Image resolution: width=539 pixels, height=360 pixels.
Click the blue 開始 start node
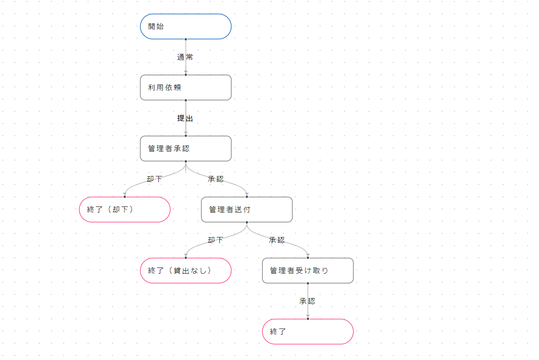186,26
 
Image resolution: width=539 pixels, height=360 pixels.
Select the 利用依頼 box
186,88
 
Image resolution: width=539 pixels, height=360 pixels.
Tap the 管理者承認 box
186,149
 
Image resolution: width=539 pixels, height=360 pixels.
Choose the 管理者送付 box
247,210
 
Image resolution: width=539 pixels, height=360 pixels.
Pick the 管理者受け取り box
308,271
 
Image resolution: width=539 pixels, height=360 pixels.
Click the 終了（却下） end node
124,210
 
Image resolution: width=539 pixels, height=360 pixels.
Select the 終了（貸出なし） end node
186,271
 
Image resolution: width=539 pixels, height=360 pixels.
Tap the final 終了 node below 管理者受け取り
308,332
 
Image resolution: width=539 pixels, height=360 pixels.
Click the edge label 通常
185,57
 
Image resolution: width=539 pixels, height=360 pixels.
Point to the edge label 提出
185,118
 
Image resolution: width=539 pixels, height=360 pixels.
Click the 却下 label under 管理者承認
154,179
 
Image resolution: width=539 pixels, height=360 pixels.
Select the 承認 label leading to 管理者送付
216,179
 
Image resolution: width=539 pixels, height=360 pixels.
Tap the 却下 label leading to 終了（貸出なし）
215,240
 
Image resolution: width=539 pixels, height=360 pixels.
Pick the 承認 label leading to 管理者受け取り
277,240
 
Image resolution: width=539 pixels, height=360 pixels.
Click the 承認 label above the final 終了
307,301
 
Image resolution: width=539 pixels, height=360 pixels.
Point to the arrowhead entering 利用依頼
186,72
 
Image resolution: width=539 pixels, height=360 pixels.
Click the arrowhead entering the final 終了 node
308,316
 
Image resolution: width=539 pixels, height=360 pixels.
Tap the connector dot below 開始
186,39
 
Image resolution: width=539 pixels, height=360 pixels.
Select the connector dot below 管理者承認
186,161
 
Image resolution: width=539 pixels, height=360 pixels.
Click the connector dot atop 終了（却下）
124,196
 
